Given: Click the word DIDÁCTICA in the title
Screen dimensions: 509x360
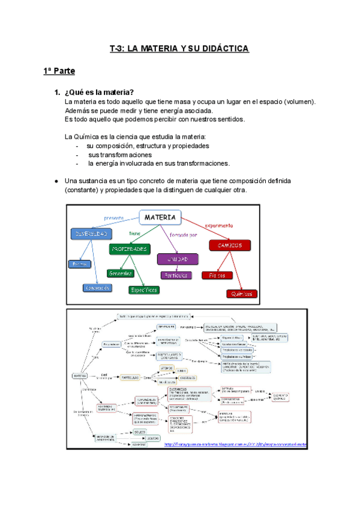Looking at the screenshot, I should coord(222,49).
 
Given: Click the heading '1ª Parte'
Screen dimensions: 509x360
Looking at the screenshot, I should coord(59,71).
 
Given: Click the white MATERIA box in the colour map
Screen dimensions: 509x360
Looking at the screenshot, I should coord(160,217).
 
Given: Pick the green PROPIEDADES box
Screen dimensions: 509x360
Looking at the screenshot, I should coord(129,248).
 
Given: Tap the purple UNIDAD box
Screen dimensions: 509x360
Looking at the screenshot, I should coord(177,259).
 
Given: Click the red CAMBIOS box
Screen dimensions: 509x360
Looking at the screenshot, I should coord(230,245).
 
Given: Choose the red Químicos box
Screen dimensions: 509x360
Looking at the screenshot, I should coord(242,294).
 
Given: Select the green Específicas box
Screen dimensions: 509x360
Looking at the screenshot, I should coord(144,289).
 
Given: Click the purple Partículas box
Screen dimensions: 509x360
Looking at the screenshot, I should coord(176,276).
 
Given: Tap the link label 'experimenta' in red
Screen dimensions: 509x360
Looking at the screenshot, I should coord(218,226).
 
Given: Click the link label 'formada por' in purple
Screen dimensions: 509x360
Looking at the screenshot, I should coord(184,234).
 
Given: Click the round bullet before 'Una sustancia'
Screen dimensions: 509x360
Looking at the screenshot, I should coord(55,181).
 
